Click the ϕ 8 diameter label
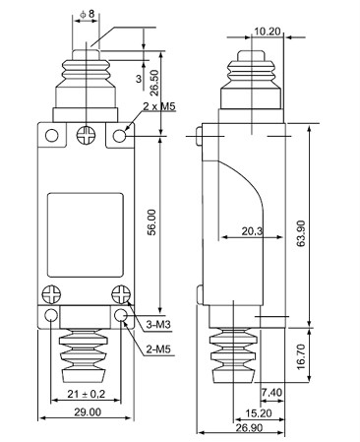pyautogui.click(x=87, y=14)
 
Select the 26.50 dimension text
pyautogui.click(x=154, y=83)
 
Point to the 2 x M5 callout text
pyautogui.click(x=159, y=106)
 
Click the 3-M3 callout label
pyautogui.click(x=158, y=325)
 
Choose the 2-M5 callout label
pyautogui.click(x=158, y=349)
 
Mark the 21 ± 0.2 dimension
pyautogui.click(x=87, y=394)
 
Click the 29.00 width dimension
pyautogui.click(x=88, y=411)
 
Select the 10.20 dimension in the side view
pyautogui.click(x=268, y=32)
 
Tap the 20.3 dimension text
pyautogui.click(x=253, y=231)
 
